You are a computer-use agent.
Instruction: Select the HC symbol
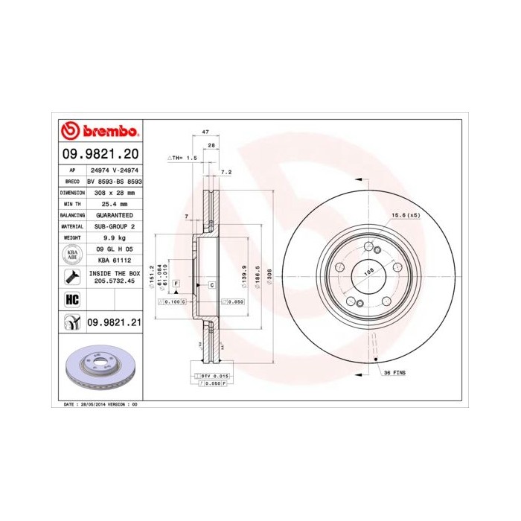(72, 300)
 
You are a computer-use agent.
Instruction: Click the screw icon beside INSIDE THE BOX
(72, 277)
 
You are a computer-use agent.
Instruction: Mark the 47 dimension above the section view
(196, 132)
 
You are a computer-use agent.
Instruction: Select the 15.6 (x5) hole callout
(406, 216)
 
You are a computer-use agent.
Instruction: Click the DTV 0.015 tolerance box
(217, 377)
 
